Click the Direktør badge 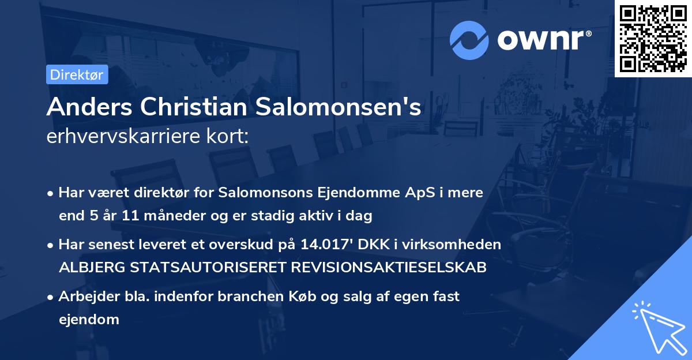pos(77,74)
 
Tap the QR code pos(653,38)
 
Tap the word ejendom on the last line pos(89,319)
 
